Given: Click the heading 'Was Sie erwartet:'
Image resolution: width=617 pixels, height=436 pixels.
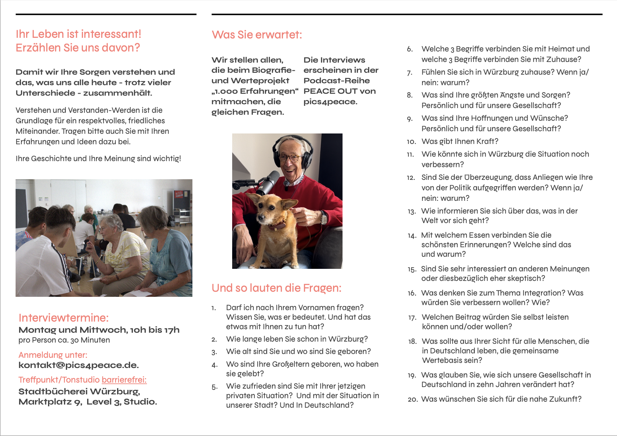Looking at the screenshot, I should tap(257, 35).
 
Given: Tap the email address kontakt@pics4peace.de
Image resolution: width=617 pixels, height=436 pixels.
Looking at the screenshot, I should tap(79, 365).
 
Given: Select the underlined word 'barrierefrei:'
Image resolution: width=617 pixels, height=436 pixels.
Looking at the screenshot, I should tap(124, 380).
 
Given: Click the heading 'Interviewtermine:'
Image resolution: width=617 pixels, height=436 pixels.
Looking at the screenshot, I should tap(64, 318).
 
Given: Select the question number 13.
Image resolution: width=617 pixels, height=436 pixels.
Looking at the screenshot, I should tap(412, 212).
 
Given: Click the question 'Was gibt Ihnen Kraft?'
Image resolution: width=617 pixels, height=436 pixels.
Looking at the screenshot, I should tap(460, 141).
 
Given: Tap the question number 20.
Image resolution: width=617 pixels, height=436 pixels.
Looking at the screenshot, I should tap(412, 399).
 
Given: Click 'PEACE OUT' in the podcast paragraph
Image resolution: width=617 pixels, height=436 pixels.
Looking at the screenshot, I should tap(330, 91).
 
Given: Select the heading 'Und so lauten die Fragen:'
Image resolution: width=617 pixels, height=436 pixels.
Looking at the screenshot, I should tap(276, 288).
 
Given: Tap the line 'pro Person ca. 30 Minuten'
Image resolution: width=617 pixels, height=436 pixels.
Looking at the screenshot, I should tap(64, 340).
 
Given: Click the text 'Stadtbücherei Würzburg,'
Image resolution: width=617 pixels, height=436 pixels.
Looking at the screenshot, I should tap(79, 392).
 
